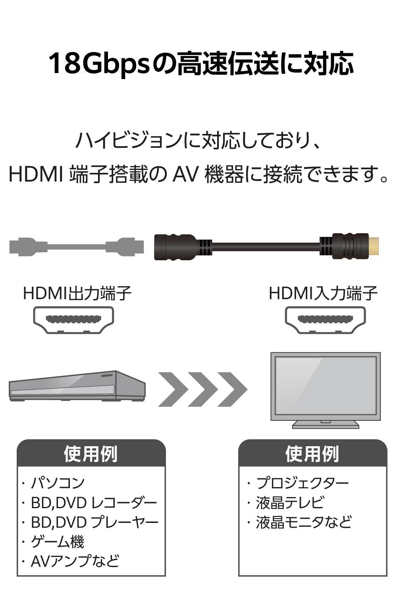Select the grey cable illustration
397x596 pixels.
(x=75, y=246)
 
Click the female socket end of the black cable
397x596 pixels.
(x=175, y=247)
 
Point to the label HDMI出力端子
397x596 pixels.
(x=77, y=294)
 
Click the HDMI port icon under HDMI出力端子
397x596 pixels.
(x=73, y=319)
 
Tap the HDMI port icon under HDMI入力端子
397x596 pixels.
(x=325, y=319)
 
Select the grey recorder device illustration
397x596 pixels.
(x=77, y=386)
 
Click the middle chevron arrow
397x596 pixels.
(x=202, y=389)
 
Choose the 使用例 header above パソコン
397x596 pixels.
(x=91, y=453)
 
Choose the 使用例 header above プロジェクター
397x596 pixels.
(x=312, y=453)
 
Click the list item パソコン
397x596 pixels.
(x=58, y=483)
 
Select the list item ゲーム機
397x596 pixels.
(x=58, y=542)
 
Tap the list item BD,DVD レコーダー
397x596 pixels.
(x=94, y=503)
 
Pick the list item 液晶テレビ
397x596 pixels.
(x=290, y=503)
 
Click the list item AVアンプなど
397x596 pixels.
(x=75, y=561)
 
